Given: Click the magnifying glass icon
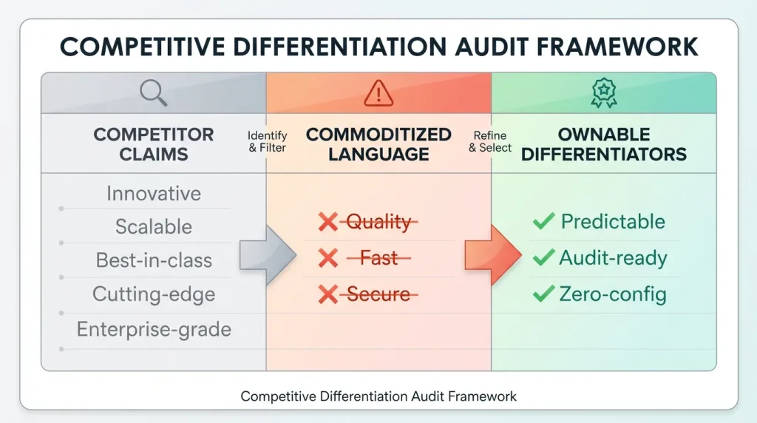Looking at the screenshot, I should (154, 92).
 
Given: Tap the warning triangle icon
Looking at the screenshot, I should (378, 93).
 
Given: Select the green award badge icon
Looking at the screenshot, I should (603, 93).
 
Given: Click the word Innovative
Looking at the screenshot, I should (154, 194).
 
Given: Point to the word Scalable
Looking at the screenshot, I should (154, 226).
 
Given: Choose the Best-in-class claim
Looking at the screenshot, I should (154, 260).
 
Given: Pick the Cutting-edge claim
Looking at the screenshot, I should (154, 294).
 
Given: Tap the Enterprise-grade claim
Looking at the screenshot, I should (154, 329).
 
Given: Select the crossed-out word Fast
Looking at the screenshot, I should (378, 258).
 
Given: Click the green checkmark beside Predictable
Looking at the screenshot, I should (543, 221).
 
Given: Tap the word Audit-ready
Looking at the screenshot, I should (613, 258).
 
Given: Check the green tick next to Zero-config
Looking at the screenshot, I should (543, 294).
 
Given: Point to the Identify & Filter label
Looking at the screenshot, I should (267, 142).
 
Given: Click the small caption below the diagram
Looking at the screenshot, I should (378, 396).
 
